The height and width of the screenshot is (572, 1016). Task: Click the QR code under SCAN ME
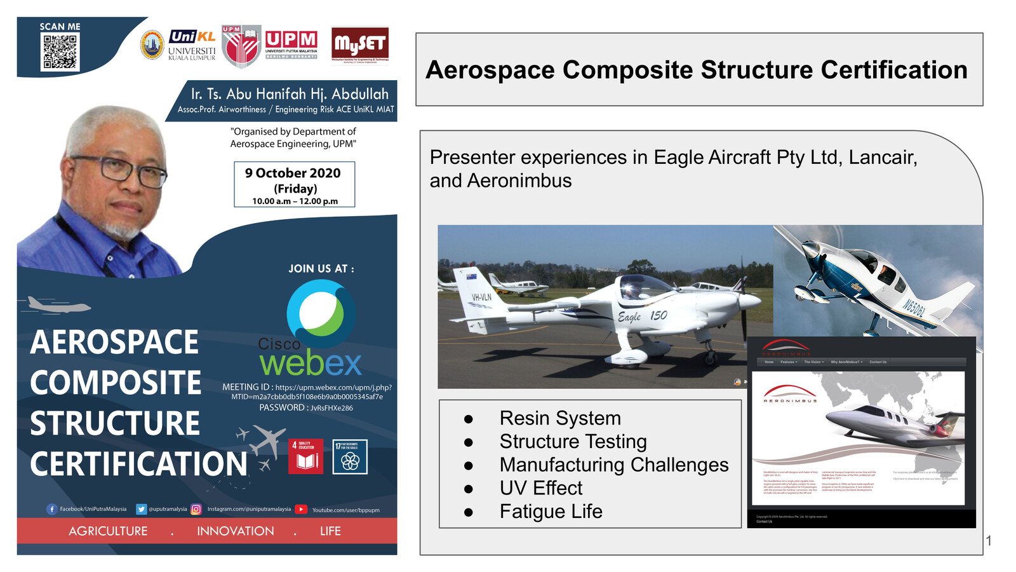(60, 51)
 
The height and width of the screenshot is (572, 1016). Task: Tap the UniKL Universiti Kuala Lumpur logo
(192, 44)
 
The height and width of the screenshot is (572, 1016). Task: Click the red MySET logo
(359, 44)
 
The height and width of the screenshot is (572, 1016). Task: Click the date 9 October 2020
(293, 173)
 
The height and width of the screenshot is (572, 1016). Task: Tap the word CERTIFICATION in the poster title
(138, 464)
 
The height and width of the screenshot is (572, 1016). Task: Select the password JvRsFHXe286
(331, 408)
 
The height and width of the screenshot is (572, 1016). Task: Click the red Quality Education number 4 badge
(305, 456)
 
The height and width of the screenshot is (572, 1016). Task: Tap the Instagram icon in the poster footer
(196, 509)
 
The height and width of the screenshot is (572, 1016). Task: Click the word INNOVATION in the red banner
(235, 531)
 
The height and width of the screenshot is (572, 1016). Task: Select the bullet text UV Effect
(540, 488)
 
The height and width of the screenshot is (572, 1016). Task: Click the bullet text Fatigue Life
(551, 512)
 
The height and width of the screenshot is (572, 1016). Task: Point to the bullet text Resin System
(560, 418)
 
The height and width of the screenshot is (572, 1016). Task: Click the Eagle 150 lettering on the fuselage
(642, 316)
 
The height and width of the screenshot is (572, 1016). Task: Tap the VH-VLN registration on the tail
(481, 297)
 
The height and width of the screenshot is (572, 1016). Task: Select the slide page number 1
(989, 541)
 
